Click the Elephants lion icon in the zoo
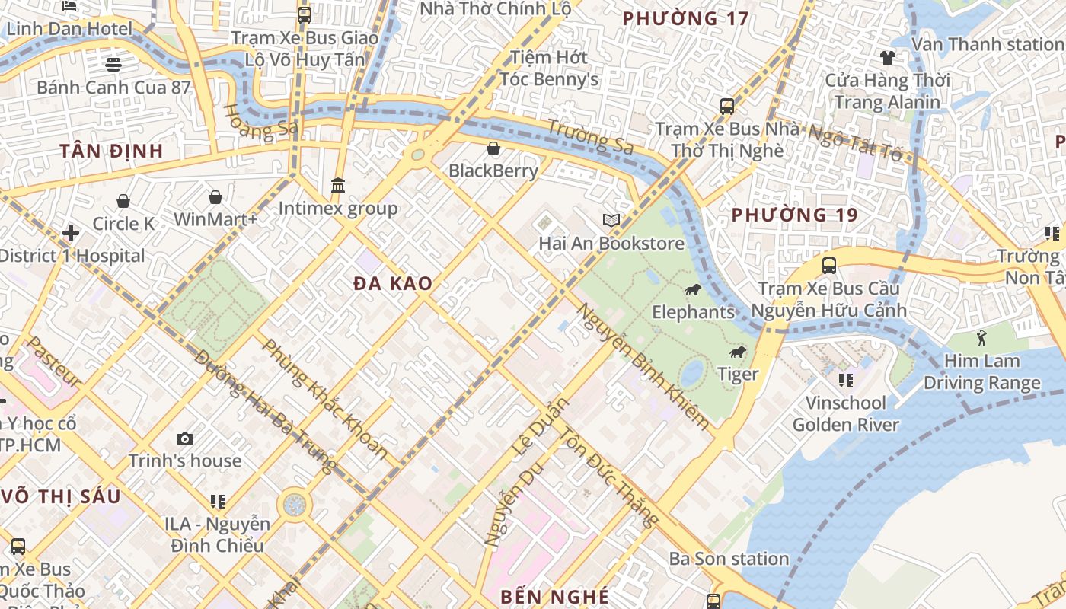click(692, 289)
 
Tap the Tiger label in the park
click(738, 374)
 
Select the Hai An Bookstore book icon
click(611, 221)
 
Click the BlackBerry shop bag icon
click(493, 148)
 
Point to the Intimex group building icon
click(338, 186)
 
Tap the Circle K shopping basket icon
click(123, 201)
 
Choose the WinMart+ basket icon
click(215, 197)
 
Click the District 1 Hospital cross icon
click(71, 233)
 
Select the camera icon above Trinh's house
click(184, 438)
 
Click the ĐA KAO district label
click(393, 284)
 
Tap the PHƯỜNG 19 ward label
click(794, 215)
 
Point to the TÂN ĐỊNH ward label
click(112, 151)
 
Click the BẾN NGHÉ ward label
click(554, 596)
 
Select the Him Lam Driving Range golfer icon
click(981, 337)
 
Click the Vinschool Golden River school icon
click(845, 380)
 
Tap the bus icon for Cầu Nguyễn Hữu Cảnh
click(829, 266)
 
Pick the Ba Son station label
click(729, 559)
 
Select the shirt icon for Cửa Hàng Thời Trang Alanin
click(887, 57)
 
